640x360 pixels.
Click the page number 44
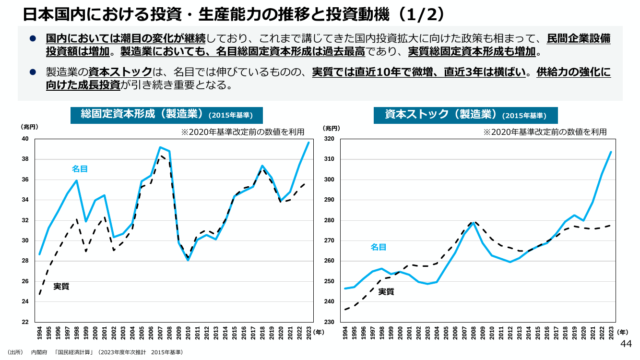coord(626,344)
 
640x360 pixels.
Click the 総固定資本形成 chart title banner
coord(166,115)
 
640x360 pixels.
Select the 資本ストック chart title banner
coord(465,115)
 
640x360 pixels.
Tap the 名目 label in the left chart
coord(80,169)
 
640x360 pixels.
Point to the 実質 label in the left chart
coord(61,286)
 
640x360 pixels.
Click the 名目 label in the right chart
coord(378,247)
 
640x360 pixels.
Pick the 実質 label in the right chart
coord(386,292)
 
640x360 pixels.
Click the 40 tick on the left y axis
coord(25,139)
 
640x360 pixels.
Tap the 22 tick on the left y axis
coord(25,322)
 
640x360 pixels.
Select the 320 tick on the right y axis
coord(329,139)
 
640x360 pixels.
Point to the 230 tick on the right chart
coord(329,322)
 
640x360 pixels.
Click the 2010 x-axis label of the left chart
coord(188,333)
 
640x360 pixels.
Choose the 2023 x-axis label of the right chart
coord(611,333)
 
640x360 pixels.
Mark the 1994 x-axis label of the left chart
coord(39,333)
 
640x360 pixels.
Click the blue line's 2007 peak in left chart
coord(160,147)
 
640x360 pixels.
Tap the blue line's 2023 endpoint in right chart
coord(611,152)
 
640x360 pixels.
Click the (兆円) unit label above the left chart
coord(29,127)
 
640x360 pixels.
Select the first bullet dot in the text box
coord(33,38)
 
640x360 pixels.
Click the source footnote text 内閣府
coord(39,352)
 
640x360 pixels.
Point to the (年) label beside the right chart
coord(622,332)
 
